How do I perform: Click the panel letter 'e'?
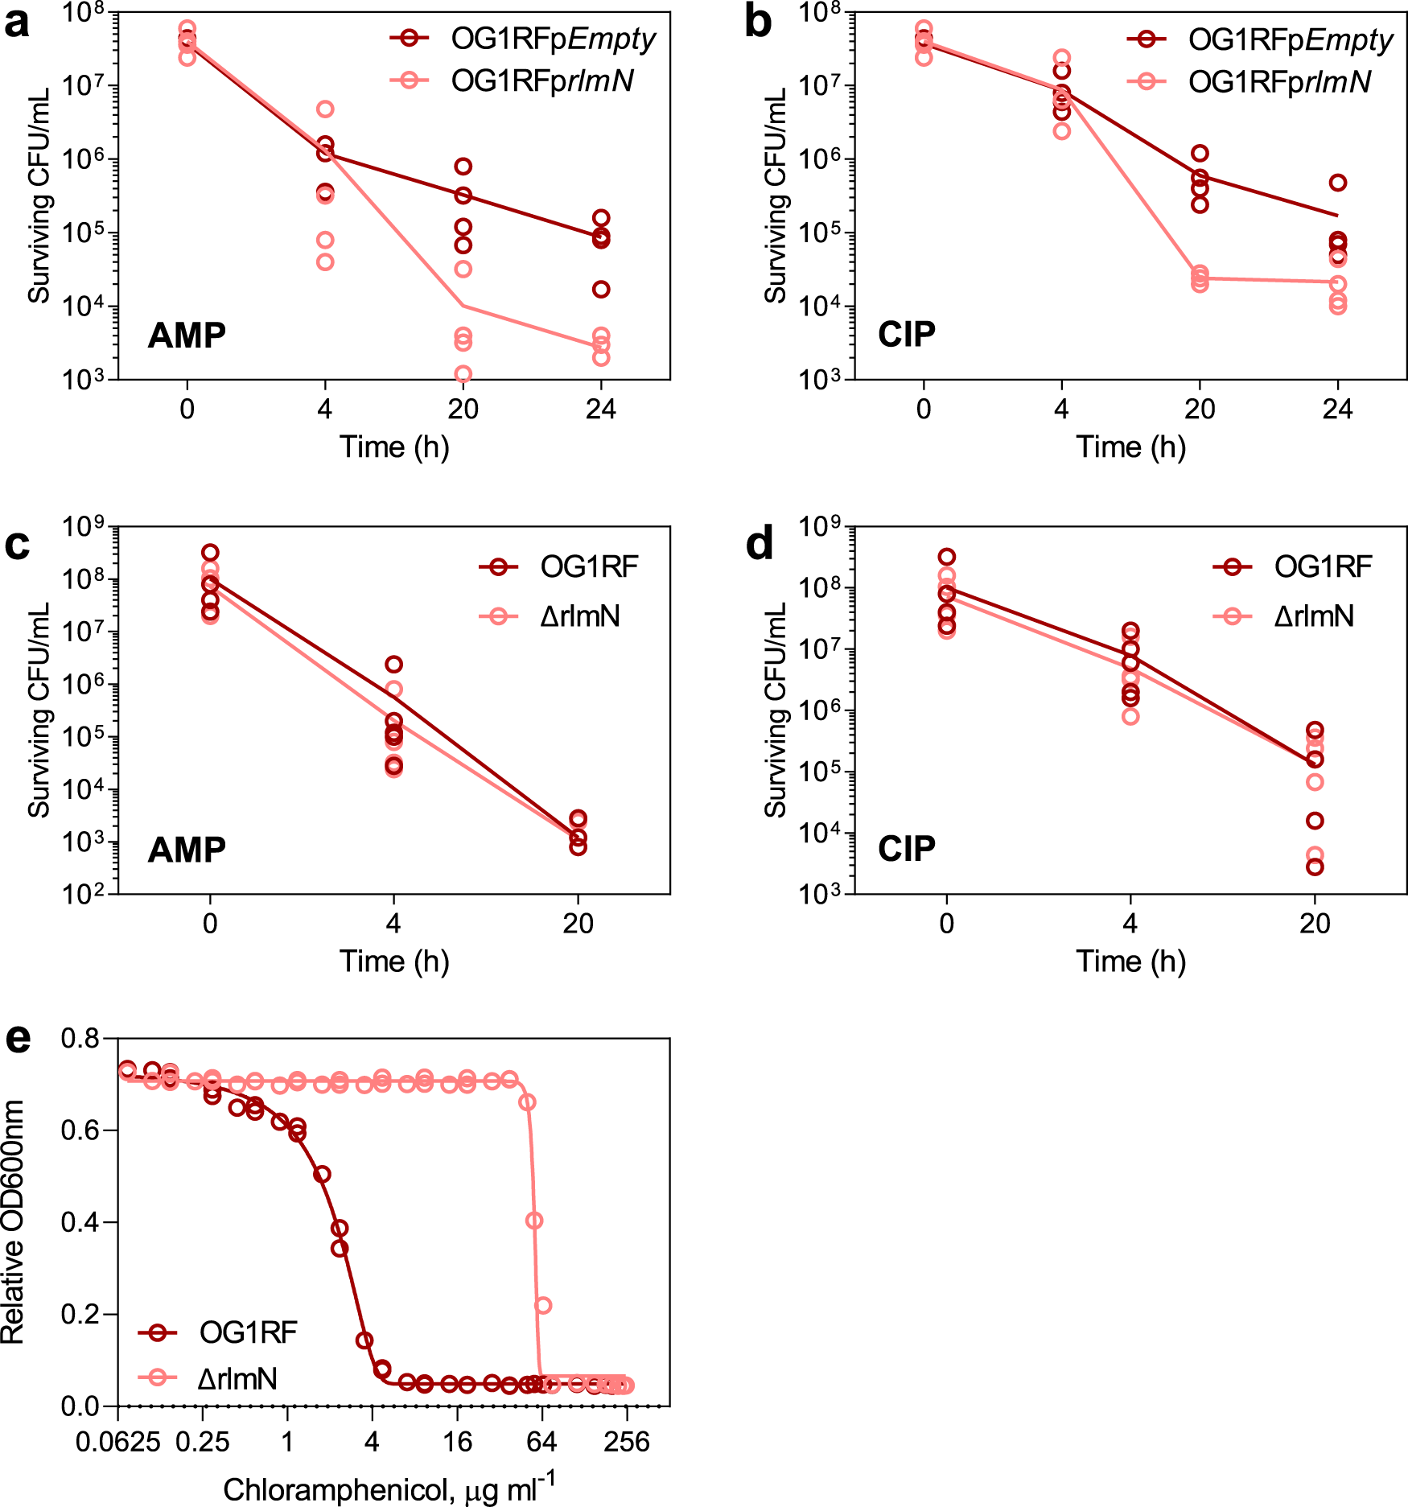pos(18,1040)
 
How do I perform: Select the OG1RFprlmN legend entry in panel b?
pos(1279,82)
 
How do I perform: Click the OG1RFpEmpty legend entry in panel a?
pos(553,39)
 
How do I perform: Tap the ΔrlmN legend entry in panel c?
pos(580,617)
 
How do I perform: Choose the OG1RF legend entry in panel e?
pos(248,1333)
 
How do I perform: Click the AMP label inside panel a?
pos(187,336)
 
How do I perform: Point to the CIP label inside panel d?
pos(907,850)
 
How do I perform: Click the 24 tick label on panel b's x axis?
pos(1337,410)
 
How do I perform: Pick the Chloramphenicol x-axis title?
pos(389,1488)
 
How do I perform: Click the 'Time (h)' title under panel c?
pos(394,961)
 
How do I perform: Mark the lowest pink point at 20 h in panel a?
pos(463,374)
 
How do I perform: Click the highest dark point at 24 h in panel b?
pos(1337,183)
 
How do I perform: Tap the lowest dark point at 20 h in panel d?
pos(1315,867)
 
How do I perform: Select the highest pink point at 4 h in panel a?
pos(325,109)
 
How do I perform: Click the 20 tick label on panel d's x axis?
pos(1315,924)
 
